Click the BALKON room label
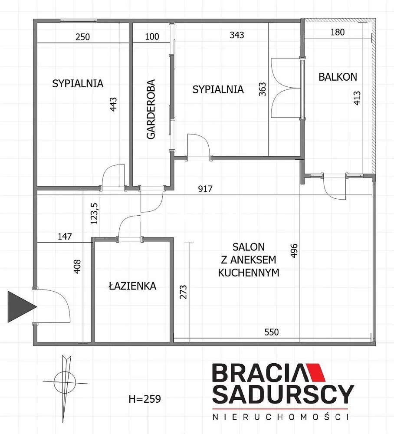point(338,77)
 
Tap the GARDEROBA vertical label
point(151,109)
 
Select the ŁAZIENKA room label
point(132,286)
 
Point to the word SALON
point(249,247)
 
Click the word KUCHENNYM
point(249,273)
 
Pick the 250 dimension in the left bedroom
point(82,37)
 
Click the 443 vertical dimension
point(113,104)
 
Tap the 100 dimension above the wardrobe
point(152,36)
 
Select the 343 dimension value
point(237,35)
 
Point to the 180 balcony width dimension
point(338,32)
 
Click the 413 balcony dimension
point(357,98)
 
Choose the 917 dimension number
point(205,189)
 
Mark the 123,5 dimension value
point(94,214)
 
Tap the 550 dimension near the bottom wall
point(272,332)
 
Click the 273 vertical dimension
point(183,292)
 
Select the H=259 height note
point(144,399)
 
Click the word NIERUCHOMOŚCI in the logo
point(280,417)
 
